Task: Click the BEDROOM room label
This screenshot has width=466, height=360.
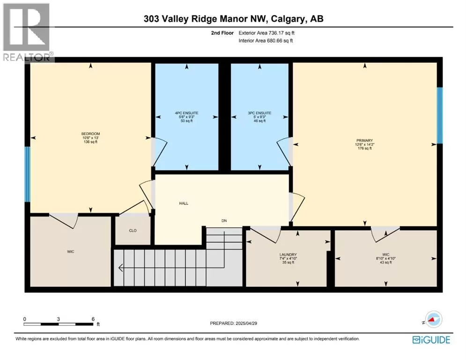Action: click(x=91, y=134)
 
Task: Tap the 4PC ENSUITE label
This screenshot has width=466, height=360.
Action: click(x=187, y=113)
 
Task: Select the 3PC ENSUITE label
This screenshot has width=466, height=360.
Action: click(x=259, y=113)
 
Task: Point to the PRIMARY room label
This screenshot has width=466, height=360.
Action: click(x=365, y=141)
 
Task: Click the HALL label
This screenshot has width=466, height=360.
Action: click(x=184, y=203)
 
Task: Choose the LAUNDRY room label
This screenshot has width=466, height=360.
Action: click(x=288, y=255)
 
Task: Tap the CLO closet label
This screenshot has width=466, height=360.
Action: click(x=133, y=231)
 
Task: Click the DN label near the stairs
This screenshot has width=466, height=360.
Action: click(x=224, y=221)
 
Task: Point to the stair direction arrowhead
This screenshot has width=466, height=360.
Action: click(x=121, y=268)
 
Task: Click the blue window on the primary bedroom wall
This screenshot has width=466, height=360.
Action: click(x=440, y=115)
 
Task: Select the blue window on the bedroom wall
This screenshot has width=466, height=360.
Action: click(x=27, y=174)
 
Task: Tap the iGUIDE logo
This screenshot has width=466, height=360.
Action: click(x=431, y=340)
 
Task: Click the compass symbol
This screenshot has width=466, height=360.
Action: click(x=434, y=319)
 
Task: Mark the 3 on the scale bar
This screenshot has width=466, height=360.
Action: click(x=58, y=319)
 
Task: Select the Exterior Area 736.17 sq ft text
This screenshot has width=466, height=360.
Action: click(x=266, y=33)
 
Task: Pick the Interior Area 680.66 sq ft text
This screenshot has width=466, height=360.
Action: click(x=266, y=41)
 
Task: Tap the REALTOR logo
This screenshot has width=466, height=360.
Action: click(x=27, y=32)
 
